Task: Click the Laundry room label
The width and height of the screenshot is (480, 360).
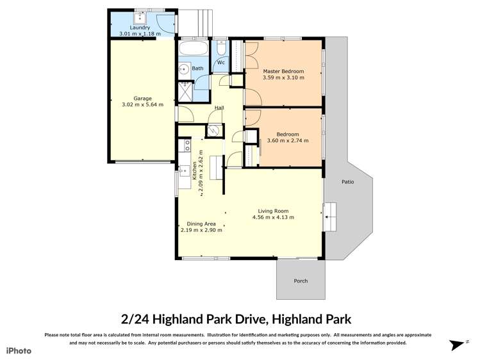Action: (139, 28)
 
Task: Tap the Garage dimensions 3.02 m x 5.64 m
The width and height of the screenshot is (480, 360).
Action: (142, 104)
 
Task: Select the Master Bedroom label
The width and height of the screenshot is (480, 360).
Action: (283, 70)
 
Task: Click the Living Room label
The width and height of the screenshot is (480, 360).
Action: (273, 211)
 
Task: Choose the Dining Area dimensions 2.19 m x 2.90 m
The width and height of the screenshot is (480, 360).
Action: (201, 230)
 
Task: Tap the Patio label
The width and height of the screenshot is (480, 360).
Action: (347, 182)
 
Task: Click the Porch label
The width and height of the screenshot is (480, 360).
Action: (300, 281)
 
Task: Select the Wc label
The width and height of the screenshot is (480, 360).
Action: (220, 62)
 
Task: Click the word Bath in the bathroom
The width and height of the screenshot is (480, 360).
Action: (197, 68)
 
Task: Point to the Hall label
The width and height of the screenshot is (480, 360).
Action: (219, 108)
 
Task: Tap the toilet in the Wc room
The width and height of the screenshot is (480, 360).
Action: (220, 47)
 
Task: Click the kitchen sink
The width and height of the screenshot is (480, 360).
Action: (186, 170)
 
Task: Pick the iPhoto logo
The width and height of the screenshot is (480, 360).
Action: (19, 350)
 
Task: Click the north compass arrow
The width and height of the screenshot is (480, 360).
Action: (456, 345)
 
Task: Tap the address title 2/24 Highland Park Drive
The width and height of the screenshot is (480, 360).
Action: (236, 318)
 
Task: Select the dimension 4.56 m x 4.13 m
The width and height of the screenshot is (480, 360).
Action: (273, 217)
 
